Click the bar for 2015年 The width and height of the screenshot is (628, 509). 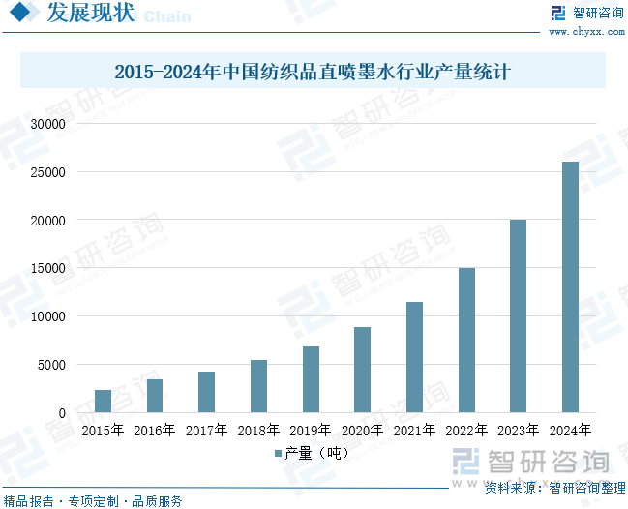pyautogui.click(x=103, y=401)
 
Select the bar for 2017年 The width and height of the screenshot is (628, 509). pyautogui.click(x=206, y=392)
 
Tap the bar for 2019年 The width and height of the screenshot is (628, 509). pyautogui.click(x=311, y=379)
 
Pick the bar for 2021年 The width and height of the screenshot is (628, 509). pyautogui.click(x=414, y=357)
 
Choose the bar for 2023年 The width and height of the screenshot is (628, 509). pyautogui.click(x=518, y=316)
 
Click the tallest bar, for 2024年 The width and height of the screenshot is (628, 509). pyautogui.click(x=570, y=287)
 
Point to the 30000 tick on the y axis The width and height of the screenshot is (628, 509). pyautogui.click(x=46, y=124)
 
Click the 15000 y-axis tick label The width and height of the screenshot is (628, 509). pyautogui.click(x=46, y=268)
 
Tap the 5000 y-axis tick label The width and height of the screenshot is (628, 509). pyautogui.click(x=50, y=365)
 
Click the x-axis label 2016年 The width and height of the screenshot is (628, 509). pyautogui.click(x=155, y=431)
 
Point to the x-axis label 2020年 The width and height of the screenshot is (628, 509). pyautogui.click(x=362, y=431)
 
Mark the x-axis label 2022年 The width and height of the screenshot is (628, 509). pyautogui.click(x=465, y=431)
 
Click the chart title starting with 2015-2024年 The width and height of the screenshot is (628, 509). pyautogui.click(x=313, y=72)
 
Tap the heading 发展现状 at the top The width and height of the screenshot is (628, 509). pyautogui.click(x=77, y=14)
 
